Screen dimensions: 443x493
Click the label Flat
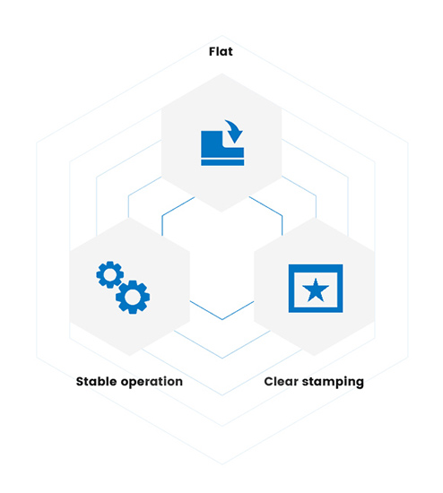tap(221, 52)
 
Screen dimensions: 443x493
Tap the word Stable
tap(97, 381)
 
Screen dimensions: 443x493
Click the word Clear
tap(282, 381)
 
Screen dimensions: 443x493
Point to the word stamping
tap(333, 383)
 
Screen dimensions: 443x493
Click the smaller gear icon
tap(109, 274)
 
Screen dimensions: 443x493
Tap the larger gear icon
tap(133, 297)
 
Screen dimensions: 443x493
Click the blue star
tap(316, 290)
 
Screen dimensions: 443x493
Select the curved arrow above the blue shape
tap(233, 131)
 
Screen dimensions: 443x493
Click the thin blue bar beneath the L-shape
tap(222, 162)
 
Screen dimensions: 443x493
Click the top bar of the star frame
tap(316, 268)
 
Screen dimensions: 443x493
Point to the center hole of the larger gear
tap(133, 297)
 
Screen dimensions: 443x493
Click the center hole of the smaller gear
tap(109, 274)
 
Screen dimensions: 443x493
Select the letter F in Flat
tap(213, 52)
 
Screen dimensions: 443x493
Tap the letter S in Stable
tap(81, 382)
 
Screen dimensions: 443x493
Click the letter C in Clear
tap(269, 382)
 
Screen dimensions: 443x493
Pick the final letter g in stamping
tap(360, 384)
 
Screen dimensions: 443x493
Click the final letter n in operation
tap(178, 383)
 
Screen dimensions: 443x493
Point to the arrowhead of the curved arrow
tap(235, 137)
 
